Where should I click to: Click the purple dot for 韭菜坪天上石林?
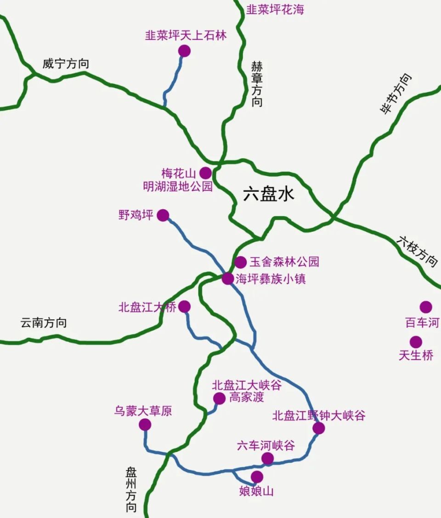pyautogui.click(x=184, y=51)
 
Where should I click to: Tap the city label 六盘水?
pyautogui.click(x=268, y=194)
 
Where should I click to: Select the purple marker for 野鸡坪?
pyautogui.click(x=163, y=215)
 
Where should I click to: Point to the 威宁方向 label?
pyautogui.click(x=66, y=64)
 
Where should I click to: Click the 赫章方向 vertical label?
pyautogui.click(x=257, y=84)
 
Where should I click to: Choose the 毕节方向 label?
pyautogui.click(x=396, y=94)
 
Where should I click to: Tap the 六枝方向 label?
pyautogui.click(x=418, y=251)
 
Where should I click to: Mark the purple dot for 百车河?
pyautogui.click(x=426, y=307)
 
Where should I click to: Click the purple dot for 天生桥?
pyautogui.click(x=416, y=342)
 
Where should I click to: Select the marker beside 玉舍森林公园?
pyautogui.click(x=241, y=262)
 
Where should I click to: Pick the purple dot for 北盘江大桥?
pyautogui.click(x=184, y=306)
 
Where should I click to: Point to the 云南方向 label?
pyautogui.click(x=44, y=323)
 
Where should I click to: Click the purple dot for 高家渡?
pyautogui.click(x=220, y=398)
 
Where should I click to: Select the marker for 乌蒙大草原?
pyautogui.click(x=145, y=425)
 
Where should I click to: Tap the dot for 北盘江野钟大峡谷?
pyautogui.click(x=319, y=429)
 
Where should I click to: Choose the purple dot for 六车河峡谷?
pyautogui.click(x=267, y=458)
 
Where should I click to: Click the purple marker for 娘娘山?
pyautogui.click(x=257, y=477)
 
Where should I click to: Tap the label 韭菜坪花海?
pyautogui.click(x=275, y=10)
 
